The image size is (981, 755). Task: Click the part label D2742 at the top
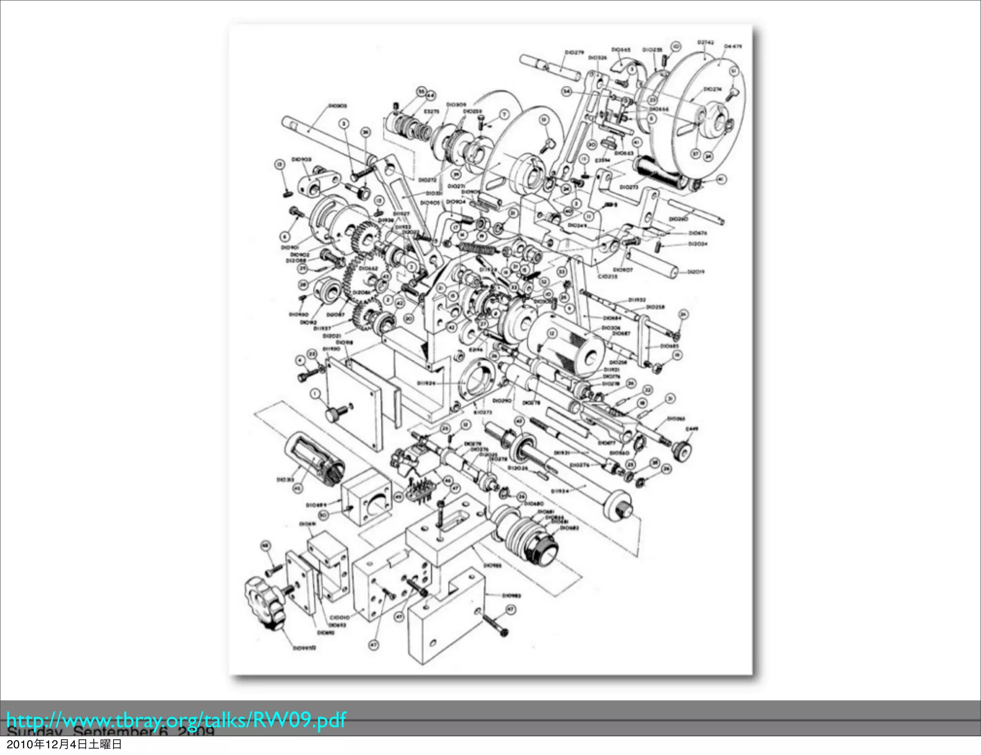coord(706,43)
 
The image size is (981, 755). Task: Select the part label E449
coord(692,429)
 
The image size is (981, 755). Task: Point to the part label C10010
coord(339,618)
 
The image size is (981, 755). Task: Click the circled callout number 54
coord(567,91)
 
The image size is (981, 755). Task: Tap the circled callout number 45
coord(297,488)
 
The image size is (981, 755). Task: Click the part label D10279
coord(574,52)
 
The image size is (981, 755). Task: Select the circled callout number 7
coord(504,114)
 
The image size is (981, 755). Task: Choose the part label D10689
coord(316,505)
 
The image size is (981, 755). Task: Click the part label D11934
coord(559,491)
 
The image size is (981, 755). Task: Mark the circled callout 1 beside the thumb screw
coord(315,394)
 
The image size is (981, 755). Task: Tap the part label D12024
coord(697,244)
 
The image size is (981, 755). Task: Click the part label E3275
coord(431,111)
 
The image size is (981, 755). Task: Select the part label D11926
coord(426,383)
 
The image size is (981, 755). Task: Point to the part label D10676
coord(697,233)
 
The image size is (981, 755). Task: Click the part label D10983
coord(511,595)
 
